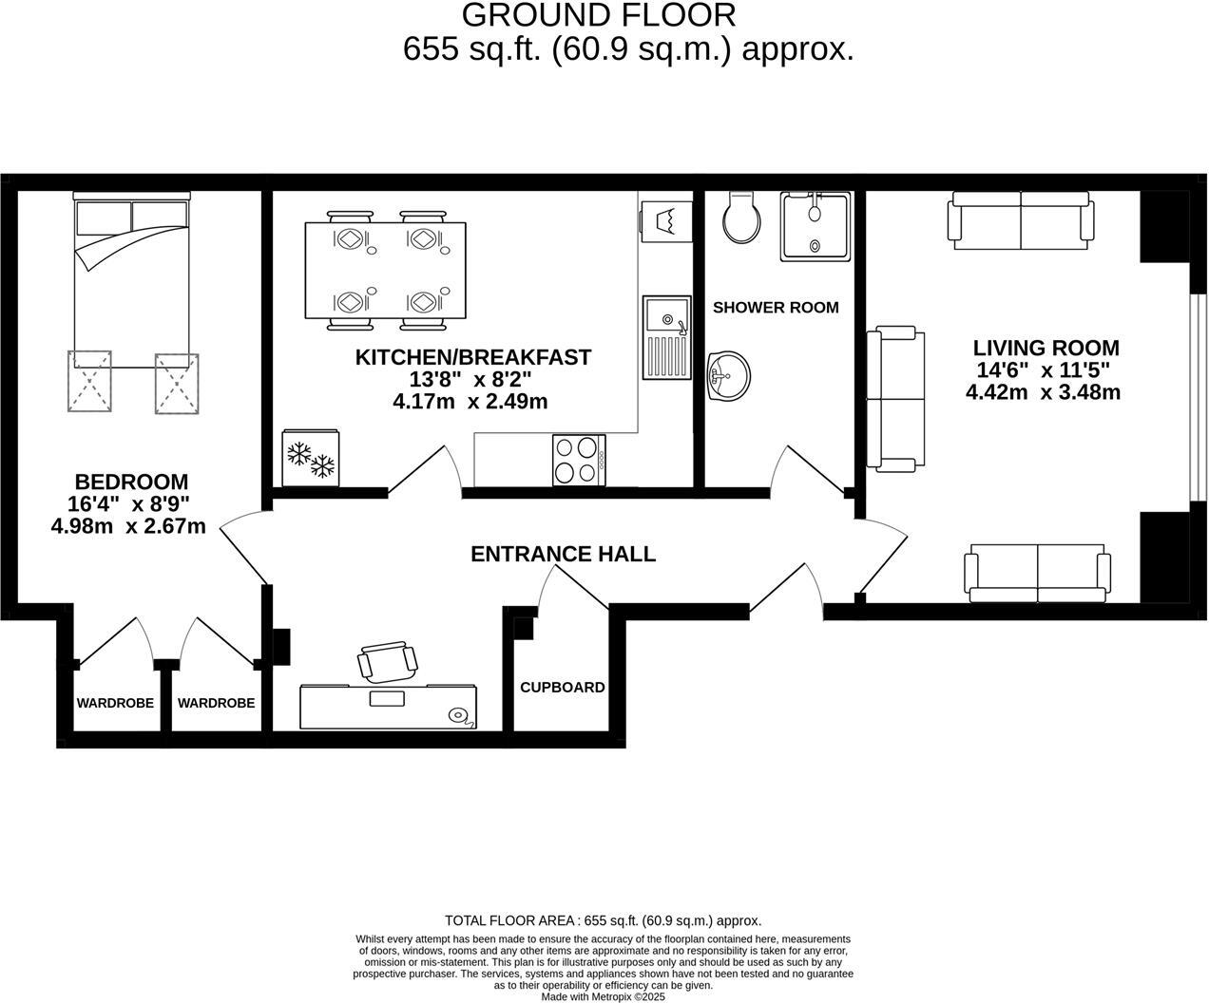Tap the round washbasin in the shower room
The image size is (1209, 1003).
pos(729,374)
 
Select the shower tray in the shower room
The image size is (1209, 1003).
pos(816,226)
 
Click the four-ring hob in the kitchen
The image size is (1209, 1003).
pos(579,460)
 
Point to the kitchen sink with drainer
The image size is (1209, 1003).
pos(665,337)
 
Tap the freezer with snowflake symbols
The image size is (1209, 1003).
pos(311,458)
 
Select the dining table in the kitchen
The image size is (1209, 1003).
pos(386,271)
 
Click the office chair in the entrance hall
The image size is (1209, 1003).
pos(388,661)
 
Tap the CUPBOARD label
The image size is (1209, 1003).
pos(563,687)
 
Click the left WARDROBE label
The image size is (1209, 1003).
pos(115,703)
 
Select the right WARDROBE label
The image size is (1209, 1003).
pos(216,703)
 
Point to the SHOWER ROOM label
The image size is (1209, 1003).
pos(776,307)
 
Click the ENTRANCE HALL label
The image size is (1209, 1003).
pos(563,554)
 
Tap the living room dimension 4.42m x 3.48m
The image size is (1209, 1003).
pos(1043,392)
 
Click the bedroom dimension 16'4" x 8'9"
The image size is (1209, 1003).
pos(131,503)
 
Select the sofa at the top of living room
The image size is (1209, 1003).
pos(1020,220)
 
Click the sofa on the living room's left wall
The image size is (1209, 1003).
pos(896,399)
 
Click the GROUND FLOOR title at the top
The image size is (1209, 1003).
pos(599,15)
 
